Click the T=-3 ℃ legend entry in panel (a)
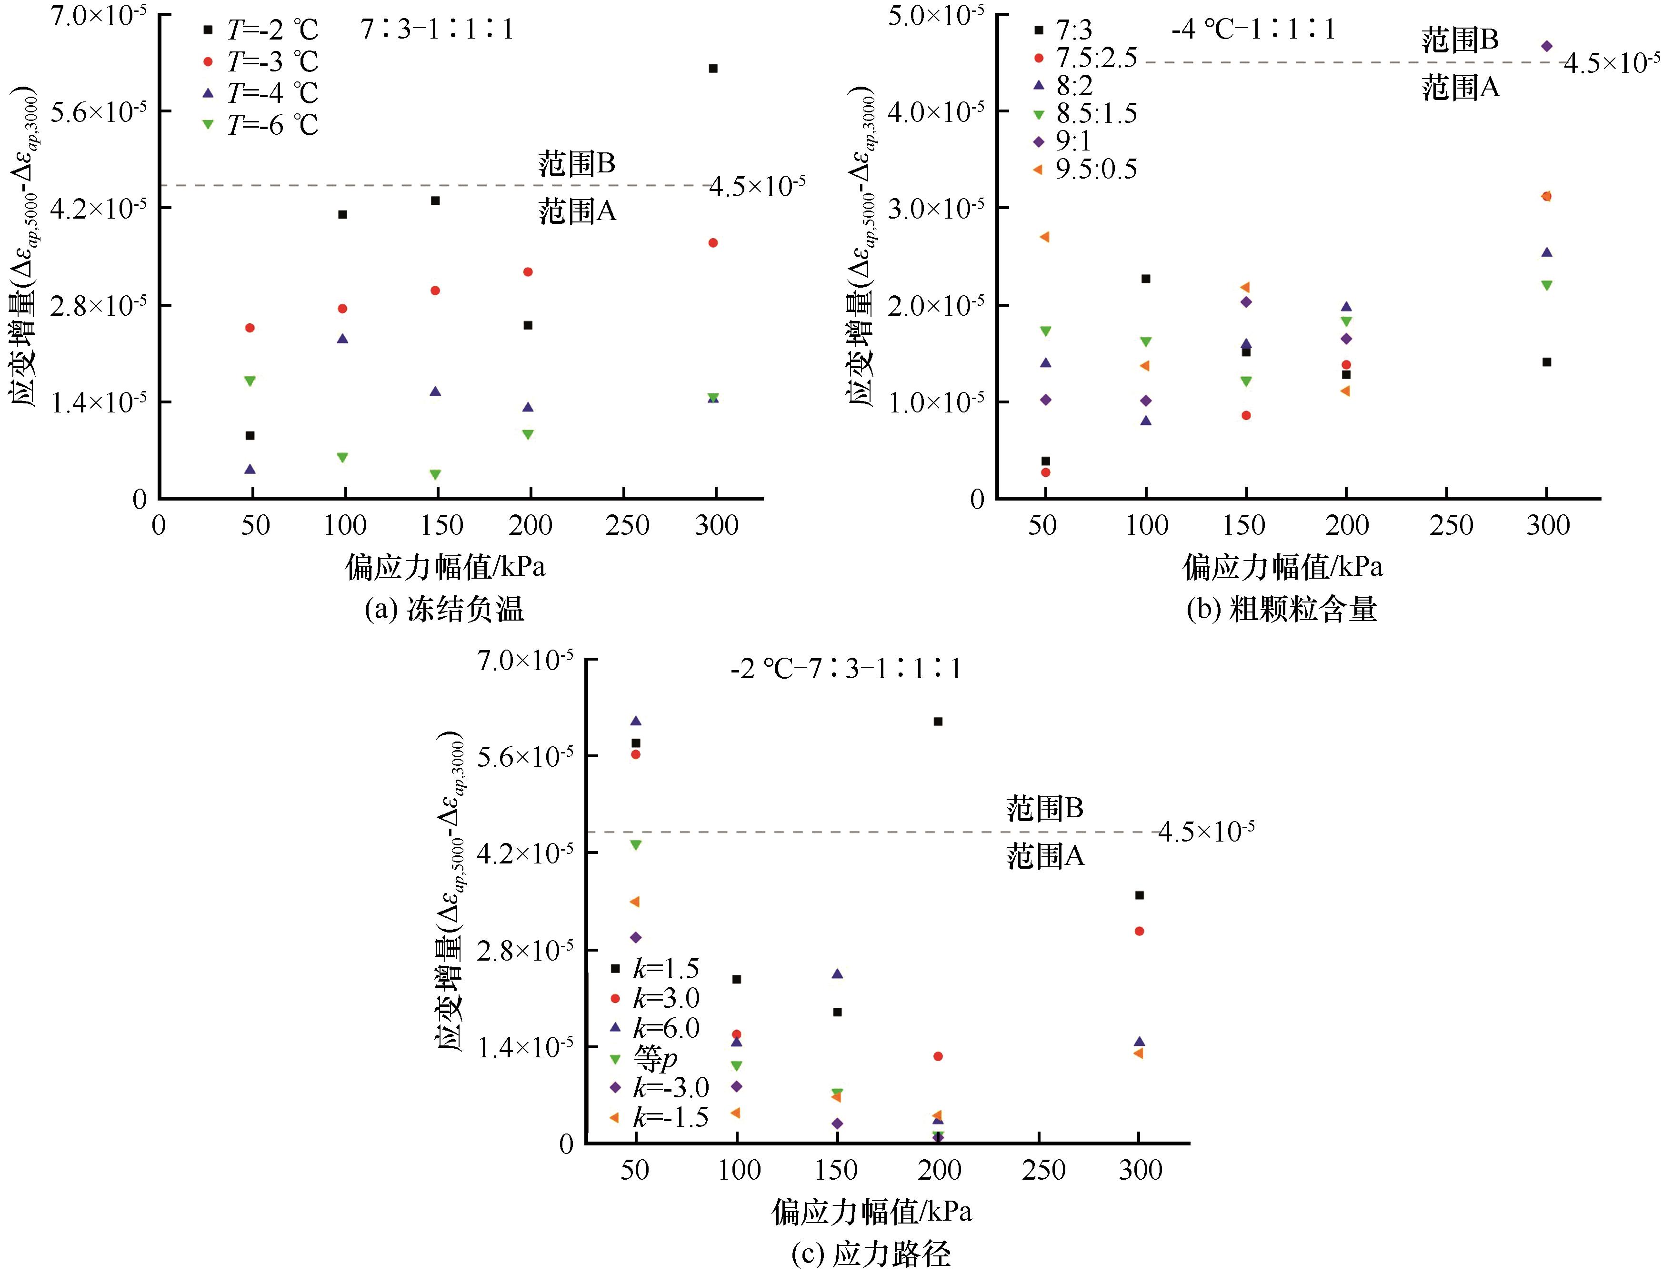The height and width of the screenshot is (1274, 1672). coord(261,61)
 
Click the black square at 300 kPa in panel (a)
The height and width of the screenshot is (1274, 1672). coord(713,68)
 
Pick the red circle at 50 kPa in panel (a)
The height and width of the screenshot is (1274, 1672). coord(250,328)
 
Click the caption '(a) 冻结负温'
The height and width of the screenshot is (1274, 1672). coord(444,609)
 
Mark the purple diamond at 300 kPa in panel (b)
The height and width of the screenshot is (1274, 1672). coord(1547,46)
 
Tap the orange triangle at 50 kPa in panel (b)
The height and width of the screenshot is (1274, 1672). coord(1045,237)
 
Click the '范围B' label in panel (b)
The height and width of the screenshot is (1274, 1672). coord(1460,40)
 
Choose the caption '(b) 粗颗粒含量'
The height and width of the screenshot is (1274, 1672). coord(1282,609)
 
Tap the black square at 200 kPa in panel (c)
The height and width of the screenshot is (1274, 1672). coord(938,721)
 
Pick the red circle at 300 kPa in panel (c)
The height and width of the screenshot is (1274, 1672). coord(1139,931)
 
